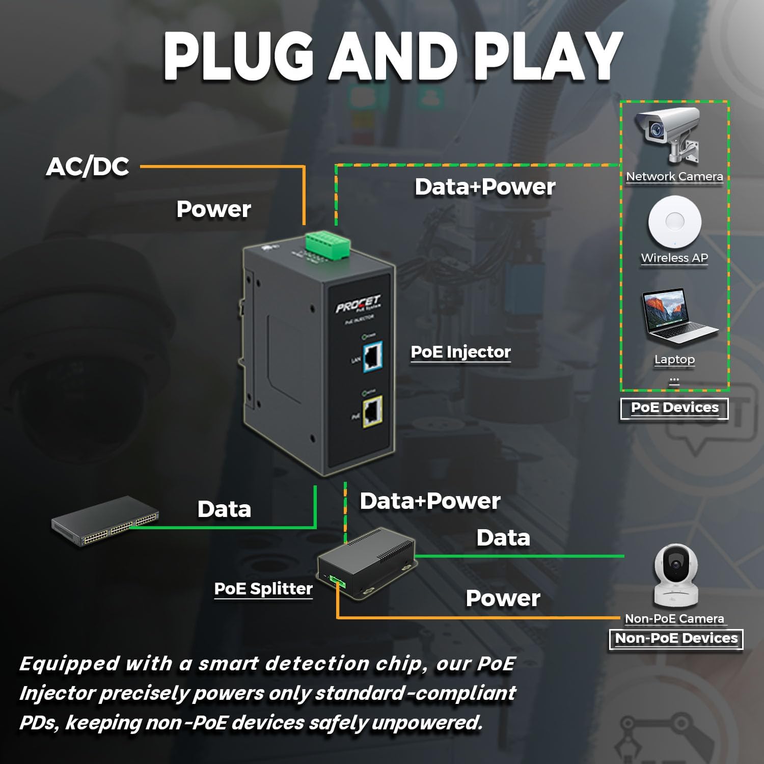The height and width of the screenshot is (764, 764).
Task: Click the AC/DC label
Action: pyautogui.click(x=88, y=167)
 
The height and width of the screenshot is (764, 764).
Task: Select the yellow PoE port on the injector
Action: pyautogui.click(x=373, y=412)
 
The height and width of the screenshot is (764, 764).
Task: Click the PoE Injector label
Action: pyautogui.click(x=460, y=352)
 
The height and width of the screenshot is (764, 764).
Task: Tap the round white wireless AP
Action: pyautogui.click(x=674, y=222)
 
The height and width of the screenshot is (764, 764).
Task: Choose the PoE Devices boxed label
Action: pyautogui.click(x=674, y=408)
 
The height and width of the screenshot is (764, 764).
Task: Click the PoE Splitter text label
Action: pyautogui.click(x=263, y=589)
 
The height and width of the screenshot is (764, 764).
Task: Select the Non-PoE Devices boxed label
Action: pyautogui.click(x=676, y=638)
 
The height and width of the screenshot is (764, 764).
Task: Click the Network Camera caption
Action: pyautogui.click(x=674, y=176)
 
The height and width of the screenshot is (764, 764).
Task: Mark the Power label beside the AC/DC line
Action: pyautogui.click(x=213, y=209)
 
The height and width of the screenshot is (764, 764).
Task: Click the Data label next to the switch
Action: pyautogui.click(x=224, y=509)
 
